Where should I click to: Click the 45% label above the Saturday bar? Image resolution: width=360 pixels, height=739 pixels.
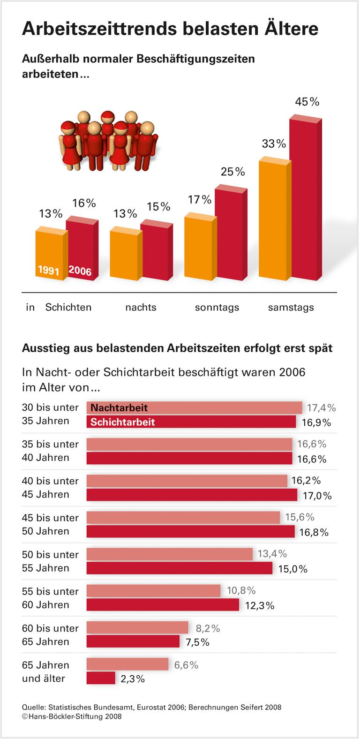307,102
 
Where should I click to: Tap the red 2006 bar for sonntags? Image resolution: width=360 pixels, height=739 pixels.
230,234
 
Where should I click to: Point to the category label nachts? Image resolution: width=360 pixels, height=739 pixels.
141,308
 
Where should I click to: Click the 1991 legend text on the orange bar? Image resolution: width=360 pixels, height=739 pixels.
48,270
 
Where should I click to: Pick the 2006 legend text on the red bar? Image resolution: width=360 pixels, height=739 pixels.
80,271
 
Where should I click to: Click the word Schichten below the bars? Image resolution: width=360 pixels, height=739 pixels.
68,308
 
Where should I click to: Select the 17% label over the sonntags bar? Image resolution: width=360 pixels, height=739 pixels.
200,200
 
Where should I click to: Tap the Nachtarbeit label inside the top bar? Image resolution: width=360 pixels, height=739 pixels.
119,408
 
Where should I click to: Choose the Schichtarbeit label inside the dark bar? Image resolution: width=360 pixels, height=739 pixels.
122,422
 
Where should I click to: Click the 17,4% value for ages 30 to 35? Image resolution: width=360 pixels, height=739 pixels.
321,408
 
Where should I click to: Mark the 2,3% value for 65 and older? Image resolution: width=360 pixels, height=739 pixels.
133,679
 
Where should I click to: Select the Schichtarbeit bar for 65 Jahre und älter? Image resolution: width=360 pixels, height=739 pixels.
101,678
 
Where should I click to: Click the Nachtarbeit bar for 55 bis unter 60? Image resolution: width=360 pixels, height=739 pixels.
153,591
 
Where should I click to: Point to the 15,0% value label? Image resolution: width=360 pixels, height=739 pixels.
292,569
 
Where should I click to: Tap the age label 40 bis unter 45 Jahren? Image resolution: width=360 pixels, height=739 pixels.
50,488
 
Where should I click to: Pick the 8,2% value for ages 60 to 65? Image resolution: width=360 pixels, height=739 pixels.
208,628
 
